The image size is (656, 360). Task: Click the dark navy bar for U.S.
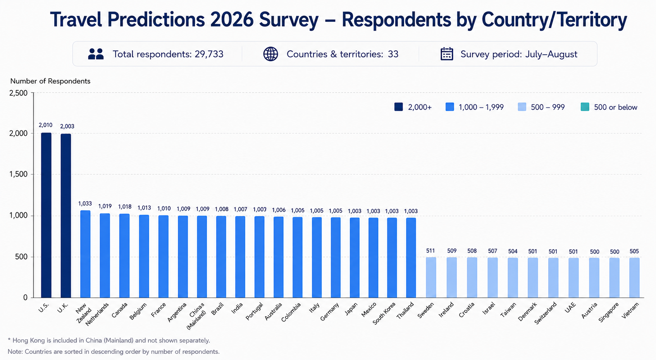46,215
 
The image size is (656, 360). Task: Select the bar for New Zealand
85,254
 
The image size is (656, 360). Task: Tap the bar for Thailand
411,258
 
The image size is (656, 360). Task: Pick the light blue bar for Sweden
431,278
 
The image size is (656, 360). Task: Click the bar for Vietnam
634,278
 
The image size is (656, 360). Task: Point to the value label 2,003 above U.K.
67,126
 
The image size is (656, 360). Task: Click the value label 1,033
85,203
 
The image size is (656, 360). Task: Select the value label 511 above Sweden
430,251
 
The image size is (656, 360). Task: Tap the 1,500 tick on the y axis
18,174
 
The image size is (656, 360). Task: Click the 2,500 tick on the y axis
18,93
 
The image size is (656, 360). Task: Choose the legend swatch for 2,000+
399,107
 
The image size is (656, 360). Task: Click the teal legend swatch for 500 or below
585,107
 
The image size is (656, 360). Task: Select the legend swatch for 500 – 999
522,107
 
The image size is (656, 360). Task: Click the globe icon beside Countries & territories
270,54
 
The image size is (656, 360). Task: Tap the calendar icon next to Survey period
447,54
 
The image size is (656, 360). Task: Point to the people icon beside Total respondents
96,54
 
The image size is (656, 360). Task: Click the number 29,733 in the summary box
209,54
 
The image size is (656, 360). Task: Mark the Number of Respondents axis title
50,81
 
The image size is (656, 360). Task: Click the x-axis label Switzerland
545,313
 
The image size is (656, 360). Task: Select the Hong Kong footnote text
108,340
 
